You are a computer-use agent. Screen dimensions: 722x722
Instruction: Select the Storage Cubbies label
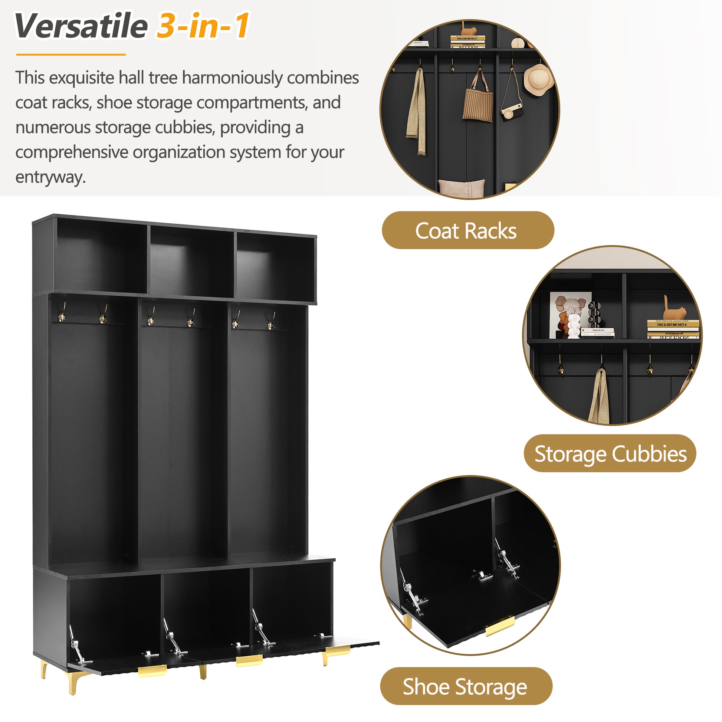(x=610, y=454)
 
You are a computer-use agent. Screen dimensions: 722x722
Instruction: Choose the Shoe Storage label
(x=466, y=687)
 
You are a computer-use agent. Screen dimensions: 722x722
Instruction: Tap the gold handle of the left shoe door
(x=152, y=671)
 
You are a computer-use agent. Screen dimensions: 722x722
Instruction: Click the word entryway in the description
(x=50, y=177)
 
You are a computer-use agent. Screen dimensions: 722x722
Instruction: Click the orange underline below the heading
(x=71, y=55)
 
